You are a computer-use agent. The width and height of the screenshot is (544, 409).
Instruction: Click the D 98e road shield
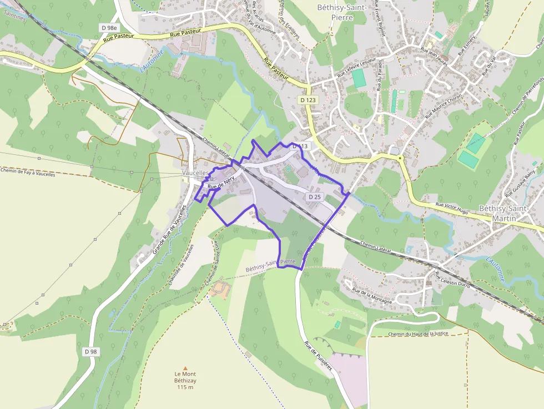click(x=109, y=27)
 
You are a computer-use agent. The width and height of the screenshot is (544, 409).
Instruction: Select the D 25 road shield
click(x=314, y=196)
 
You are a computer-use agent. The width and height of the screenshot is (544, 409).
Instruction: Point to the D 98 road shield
click(x=91, y=351)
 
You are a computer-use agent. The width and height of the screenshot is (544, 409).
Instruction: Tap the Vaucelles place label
click(x=195, y=173)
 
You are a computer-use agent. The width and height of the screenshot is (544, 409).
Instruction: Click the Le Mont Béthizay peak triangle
click(x=185, y=367)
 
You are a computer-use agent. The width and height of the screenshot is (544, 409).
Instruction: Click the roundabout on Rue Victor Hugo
click(x=400, y=158)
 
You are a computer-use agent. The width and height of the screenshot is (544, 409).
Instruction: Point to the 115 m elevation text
click(x=185, y=387)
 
